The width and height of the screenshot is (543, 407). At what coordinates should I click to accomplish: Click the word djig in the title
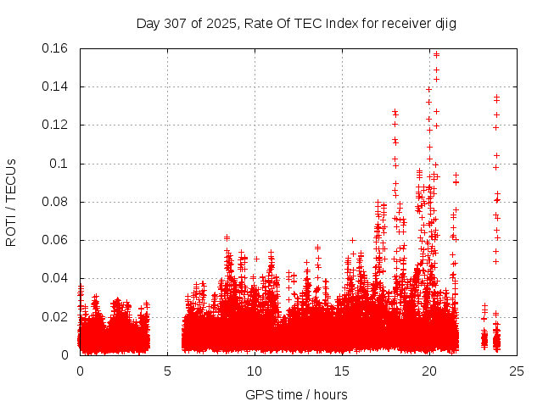[x=445, y=24]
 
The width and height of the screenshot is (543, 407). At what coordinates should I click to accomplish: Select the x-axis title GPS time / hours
[x=296, y=394]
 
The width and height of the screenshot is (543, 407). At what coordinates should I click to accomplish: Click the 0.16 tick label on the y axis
[x=57, y=48]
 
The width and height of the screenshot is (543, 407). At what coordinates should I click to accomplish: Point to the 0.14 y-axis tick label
[x=57, y=86]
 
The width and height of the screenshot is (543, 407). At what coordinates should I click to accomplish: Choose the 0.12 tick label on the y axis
[x=57, y=125]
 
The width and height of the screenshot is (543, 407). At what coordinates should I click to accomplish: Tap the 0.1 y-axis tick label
[x=60, y=164]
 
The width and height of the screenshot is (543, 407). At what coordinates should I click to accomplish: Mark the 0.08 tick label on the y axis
[x=57, y=202]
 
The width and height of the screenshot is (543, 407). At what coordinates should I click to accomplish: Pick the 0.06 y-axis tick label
[x=57, y=240]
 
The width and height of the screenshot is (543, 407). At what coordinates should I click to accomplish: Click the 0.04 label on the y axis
[x=57, y=278]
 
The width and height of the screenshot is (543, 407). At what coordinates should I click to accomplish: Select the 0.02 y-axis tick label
[x=57, y=317]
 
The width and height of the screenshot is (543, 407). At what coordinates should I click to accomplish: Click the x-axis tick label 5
[x=167, y=371]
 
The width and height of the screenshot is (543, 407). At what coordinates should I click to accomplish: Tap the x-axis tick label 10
[x=255, y=371]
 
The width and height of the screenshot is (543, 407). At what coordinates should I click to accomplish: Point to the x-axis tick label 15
[x=342, y=371]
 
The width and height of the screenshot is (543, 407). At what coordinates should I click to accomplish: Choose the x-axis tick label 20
[x=429, y=371]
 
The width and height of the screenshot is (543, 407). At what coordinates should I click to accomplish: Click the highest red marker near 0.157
[x=436, y=54]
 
